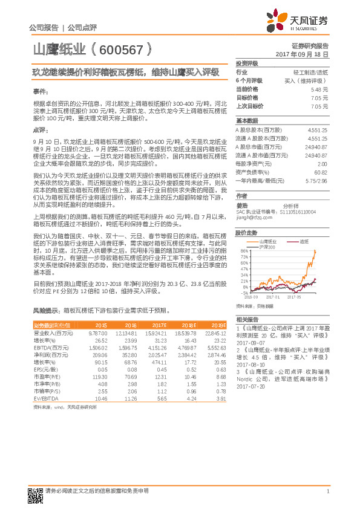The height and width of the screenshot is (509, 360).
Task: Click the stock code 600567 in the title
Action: pyautogui.click(x=120, y=50)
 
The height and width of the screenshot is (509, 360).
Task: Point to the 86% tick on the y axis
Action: pyautogui.click(x=244, y=250)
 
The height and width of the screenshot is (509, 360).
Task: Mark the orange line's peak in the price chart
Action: pyautogui.click(x=315, y=251)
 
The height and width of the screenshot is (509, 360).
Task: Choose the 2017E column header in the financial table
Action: pyautogui.click(x=158, y=325)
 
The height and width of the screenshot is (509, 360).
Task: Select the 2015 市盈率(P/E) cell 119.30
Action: pyautogui.click(x=99, y=376)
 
